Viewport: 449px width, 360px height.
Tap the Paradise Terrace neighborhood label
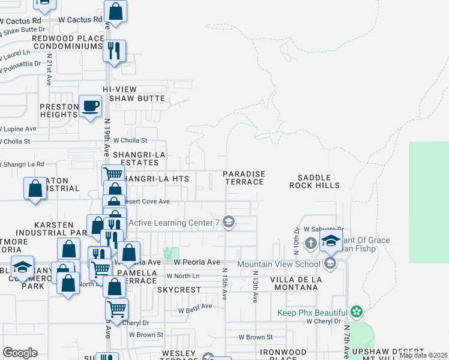point(244,178)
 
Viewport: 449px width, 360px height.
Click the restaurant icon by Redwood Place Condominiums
point(114,50)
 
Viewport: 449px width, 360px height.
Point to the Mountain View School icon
point(329,263)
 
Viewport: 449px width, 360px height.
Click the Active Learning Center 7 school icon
point(228,223)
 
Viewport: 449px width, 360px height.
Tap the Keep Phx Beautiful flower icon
point(357,312)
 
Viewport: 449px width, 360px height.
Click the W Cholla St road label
point(130,140)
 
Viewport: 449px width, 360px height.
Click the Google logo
point(20,353)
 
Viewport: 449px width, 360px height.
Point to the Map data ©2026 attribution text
point(423,355)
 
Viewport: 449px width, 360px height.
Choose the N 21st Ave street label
point(50,62)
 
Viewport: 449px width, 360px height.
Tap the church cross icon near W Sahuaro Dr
point(310,243)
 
